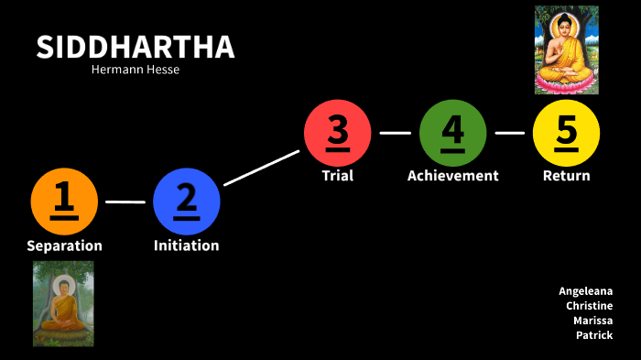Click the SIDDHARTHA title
coord(135,48)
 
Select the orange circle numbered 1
coord(64,201)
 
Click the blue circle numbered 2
coord(187,201)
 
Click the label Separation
coord(64,245)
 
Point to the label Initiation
coord(187,245)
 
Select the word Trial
coord(338,175)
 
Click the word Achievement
coord(452,175)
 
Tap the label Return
coord(566,175)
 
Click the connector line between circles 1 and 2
coord(125,202)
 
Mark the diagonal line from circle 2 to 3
coord(262,167)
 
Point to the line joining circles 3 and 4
coord(395,133)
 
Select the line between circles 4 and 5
coord(509,133)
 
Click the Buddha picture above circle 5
coord(566,49)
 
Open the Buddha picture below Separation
coord(63,303)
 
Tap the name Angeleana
coord(586,291)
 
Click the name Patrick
coord(594,335)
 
